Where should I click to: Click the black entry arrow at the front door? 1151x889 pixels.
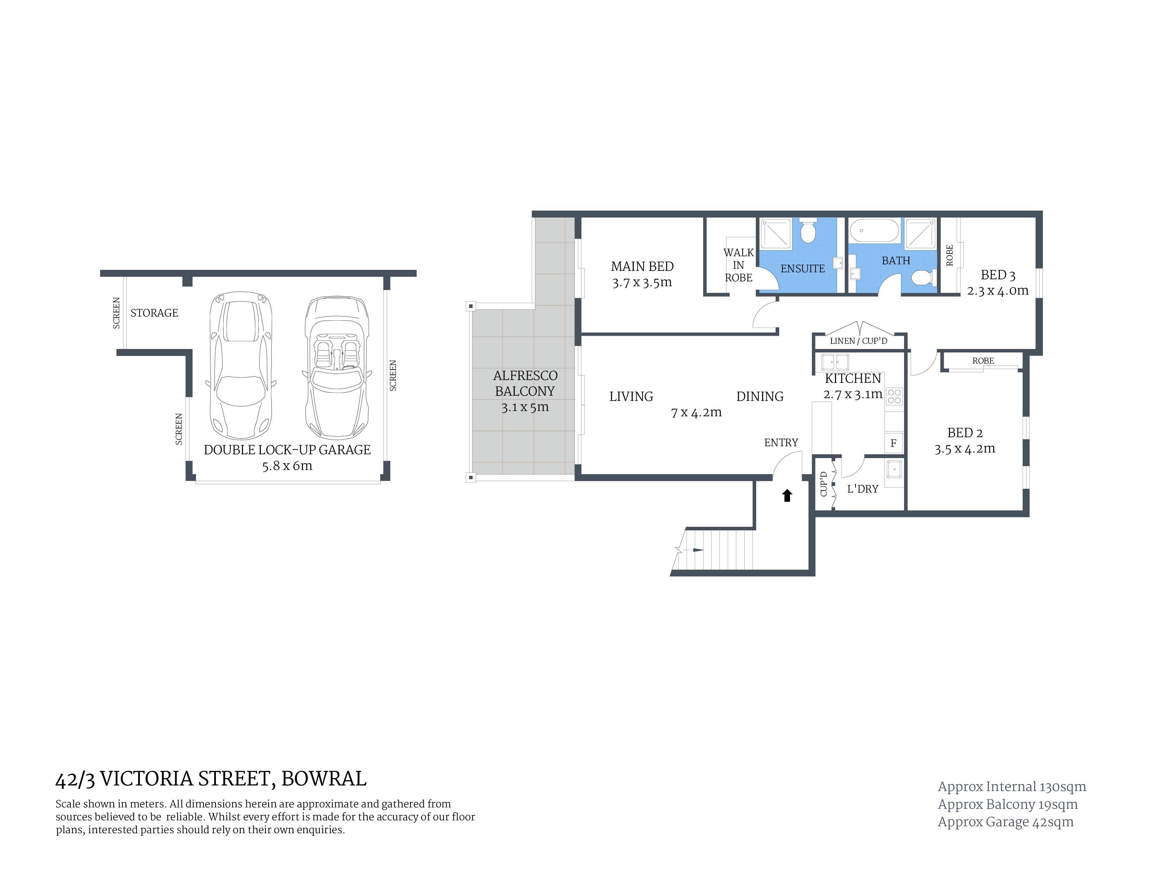(787, 496)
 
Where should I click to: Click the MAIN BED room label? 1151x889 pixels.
(642, 266)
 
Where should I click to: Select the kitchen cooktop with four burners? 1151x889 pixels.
(894, 396)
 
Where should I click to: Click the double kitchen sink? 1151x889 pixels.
(835, 362)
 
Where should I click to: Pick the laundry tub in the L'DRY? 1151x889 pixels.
(894, 469)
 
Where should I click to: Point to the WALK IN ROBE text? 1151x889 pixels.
(738, 265)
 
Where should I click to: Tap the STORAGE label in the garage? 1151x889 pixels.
(155, 313)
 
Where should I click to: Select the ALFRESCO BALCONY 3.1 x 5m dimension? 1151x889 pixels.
(525, 407)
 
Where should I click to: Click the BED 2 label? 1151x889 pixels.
(965, 433)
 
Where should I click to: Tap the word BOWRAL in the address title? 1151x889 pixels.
(324, 778)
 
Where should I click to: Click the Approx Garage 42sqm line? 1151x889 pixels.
(1006, 822)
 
